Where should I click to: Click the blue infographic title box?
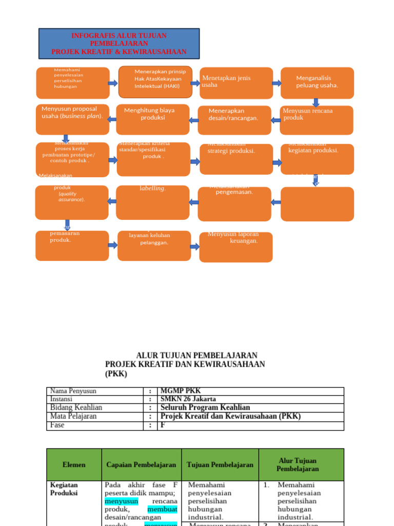point(119,44)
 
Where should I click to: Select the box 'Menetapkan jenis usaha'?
point(236,83)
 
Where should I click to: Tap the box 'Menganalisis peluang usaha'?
point(317,83)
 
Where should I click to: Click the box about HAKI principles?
point(155,82)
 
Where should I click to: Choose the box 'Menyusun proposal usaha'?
point(72,120)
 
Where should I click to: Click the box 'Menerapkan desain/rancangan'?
point(234,120)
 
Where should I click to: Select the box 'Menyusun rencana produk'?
point(317,120)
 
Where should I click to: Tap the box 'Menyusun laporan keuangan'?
point(236,247)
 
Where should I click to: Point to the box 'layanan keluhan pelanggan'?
point(154,245)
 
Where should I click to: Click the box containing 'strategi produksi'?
point(236,159)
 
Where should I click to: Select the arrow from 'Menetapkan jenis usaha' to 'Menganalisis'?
point(277,83)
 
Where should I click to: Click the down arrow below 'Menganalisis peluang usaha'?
point(316,102)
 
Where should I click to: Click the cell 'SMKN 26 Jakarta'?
point(188,399)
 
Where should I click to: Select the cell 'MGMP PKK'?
point(180,391)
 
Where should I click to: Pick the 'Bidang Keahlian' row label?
point(76,408)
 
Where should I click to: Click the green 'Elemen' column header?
point(74,464)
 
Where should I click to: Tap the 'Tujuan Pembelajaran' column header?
point(220,464)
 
